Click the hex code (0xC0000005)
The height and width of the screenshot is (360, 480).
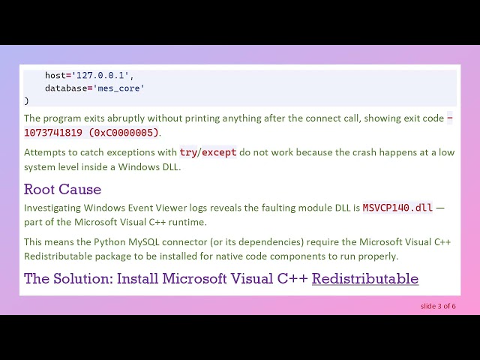(124, 133)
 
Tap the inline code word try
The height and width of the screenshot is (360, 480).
(188, 152)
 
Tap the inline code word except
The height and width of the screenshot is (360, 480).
(219, 152)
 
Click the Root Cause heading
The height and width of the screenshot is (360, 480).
(62, 189)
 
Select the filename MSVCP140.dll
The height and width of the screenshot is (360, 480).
(397, 208)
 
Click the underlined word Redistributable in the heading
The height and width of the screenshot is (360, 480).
(364, 279)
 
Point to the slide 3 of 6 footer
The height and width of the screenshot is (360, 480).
(438, 306)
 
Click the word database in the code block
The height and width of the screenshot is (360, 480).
(66, 88)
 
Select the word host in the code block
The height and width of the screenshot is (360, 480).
(55, 76)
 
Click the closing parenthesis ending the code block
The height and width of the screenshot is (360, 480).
(26, 100)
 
